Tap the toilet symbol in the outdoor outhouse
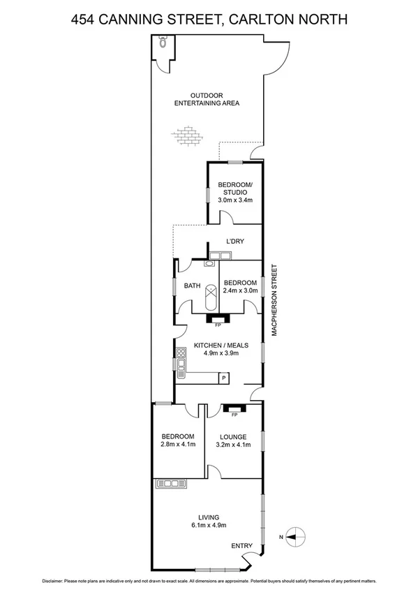[163, 43]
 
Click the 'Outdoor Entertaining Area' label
[207, 99]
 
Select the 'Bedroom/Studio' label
[234, 188]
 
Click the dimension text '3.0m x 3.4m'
[234, 200]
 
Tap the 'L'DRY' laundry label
[234, 242]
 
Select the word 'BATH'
[193, 286]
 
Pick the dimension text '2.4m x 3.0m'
[241, 290]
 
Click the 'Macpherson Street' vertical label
[275, 300]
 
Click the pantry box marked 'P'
[223, 378]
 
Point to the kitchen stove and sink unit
[181, 363]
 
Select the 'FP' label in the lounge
[234, 415]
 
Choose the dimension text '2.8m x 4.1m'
[179, 445]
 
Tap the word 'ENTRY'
[241, 546]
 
